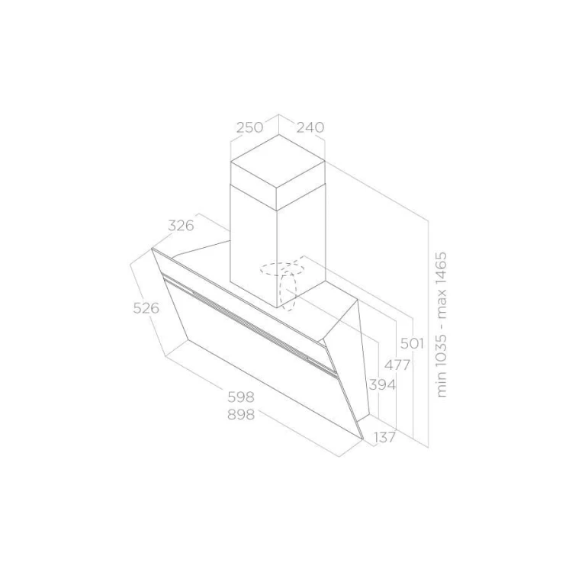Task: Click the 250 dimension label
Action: tap(249, 127)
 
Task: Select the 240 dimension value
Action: tap(310, 127)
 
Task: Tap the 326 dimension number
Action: tap(181, 226)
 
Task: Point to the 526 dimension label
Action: tap(146, 308)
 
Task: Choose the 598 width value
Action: tap(241, 397)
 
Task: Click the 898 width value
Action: tap(241, 414)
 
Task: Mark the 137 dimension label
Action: tap(385, 437)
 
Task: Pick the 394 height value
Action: tap(382, 384)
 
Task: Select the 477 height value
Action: tap(397, 365)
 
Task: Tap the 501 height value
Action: tap(412, 343)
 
